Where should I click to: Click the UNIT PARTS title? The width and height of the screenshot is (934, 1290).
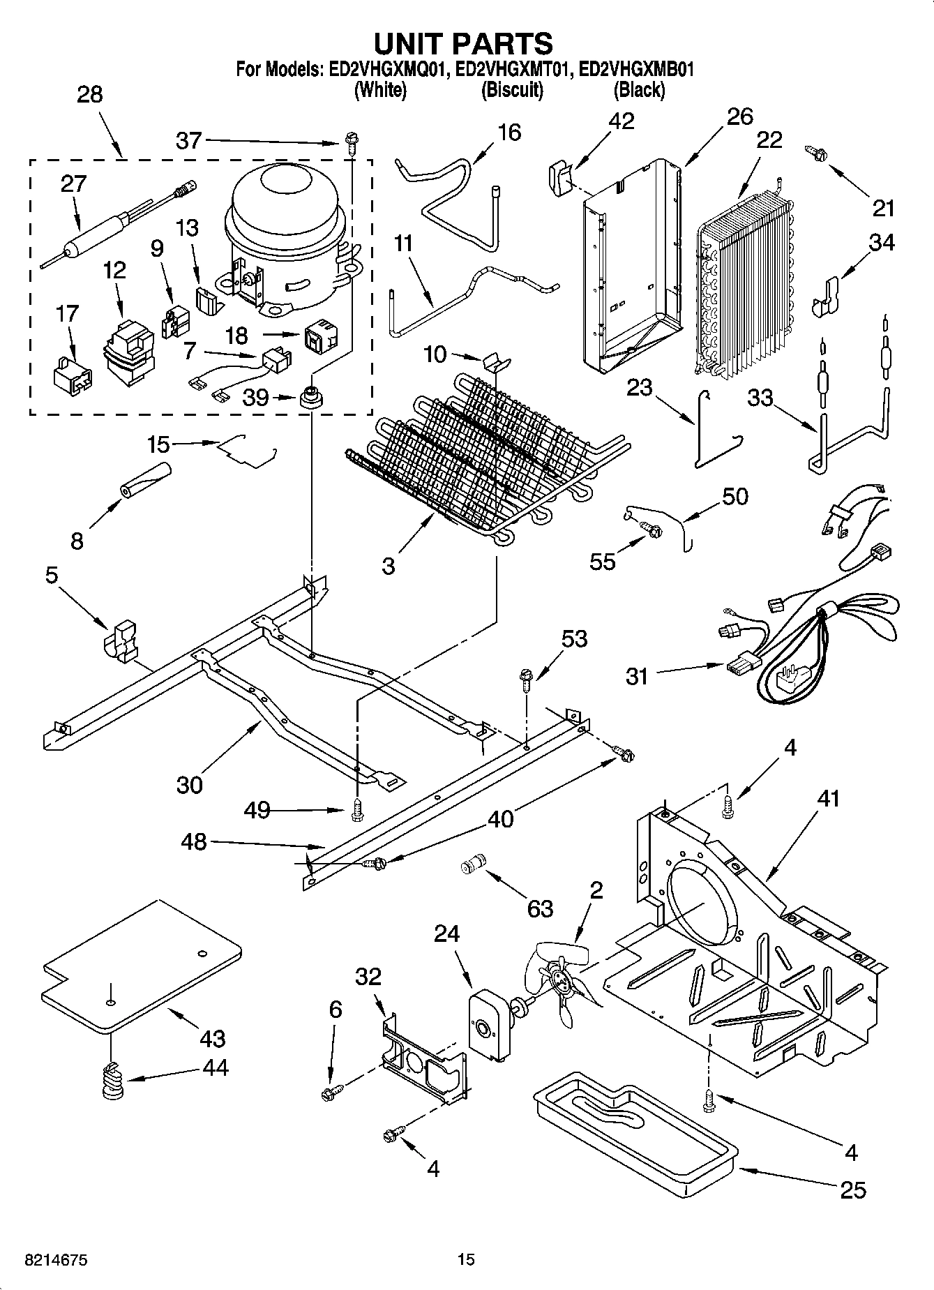pyautogui.click(x=463, y=43)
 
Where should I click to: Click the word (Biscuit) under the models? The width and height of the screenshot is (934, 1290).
pyautogui.click(x=512, y=90)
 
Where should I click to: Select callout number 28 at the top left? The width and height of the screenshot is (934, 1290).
pyautogui.click(x=90, y=95)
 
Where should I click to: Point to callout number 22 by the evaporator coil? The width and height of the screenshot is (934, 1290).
pyautogui.click(x=769, y=140)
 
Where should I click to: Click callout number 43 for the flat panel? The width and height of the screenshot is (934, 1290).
pyautogui.click(x=212, y=1038)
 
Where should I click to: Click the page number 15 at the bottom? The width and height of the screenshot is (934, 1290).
pyautogui.click(x=466, y=1260)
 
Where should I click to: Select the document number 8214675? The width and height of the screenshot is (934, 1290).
pyautogui.click(x=57, y=1260)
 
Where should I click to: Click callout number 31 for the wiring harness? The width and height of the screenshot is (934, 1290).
pyautogui.click(x=637, y=676)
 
